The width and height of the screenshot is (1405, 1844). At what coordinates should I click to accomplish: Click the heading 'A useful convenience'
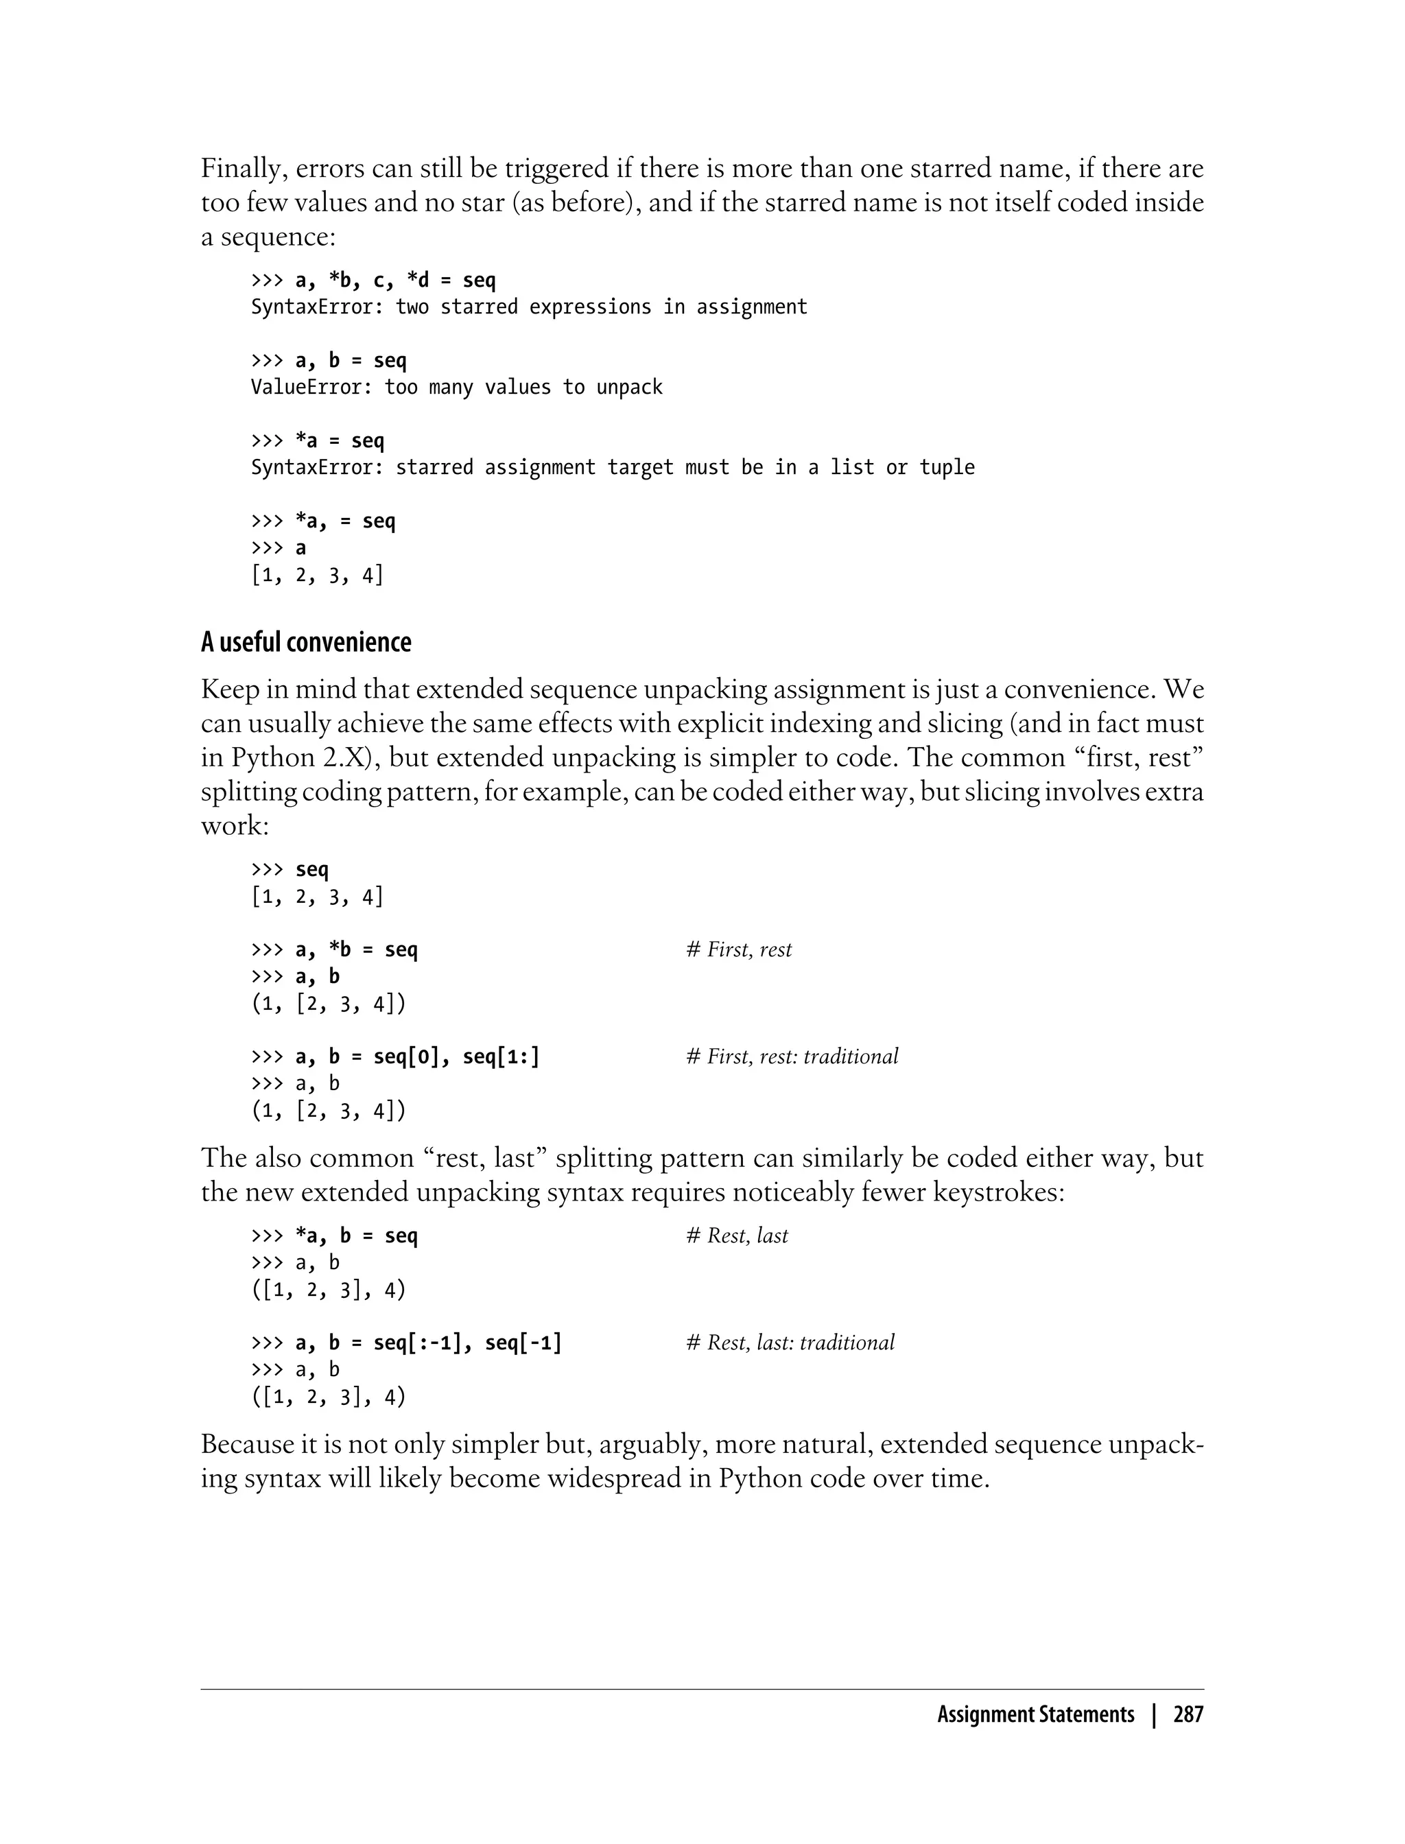click(x=306, y=642)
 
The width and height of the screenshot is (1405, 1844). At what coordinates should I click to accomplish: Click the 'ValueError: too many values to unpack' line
click(x=457, y=387)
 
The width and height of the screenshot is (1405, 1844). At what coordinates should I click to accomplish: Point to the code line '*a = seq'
click(x=340, y=440)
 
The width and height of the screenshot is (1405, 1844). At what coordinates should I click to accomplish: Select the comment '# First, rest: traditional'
click(x=792, y=1056)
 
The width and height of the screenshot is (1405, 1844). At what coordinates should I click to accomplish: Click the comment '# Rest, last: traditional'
click(x=790, y=1343)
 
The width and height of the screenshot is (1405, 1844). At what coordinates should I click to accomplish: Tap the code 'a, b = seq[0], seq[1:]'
click(x=417, y=1057)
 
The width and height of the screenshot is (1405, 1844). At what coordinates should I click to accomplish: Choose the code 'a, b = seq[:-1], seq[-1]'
click(x=428, y=1343)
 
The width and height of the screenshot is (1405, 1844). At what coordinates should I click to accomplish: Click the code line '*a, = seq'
click(x=344, y=521)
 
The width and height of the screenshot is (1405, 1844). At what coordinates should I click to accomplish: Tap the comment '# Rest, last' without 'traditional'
click(x=737, y=1236)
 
